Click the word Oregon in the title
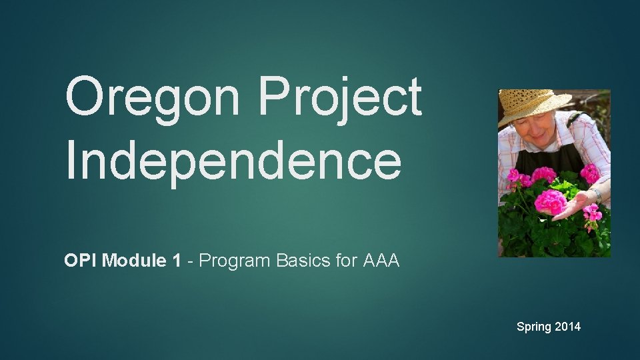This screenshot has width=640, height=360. (x=152, y=97)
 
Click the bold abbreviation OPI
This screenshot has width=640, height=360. (x=78, y=261)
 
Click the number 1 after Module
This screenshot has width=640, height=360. (x=176, y=261)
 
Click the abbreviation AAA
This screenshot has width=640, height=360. (x=381, y=261)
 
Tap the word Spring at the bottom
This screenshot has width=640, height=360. (x=533, y=327)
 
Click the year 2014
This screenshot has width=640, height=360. (x=567, y=327)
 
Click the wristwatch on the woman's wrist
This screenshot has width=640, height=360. (x=597, y=195)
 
